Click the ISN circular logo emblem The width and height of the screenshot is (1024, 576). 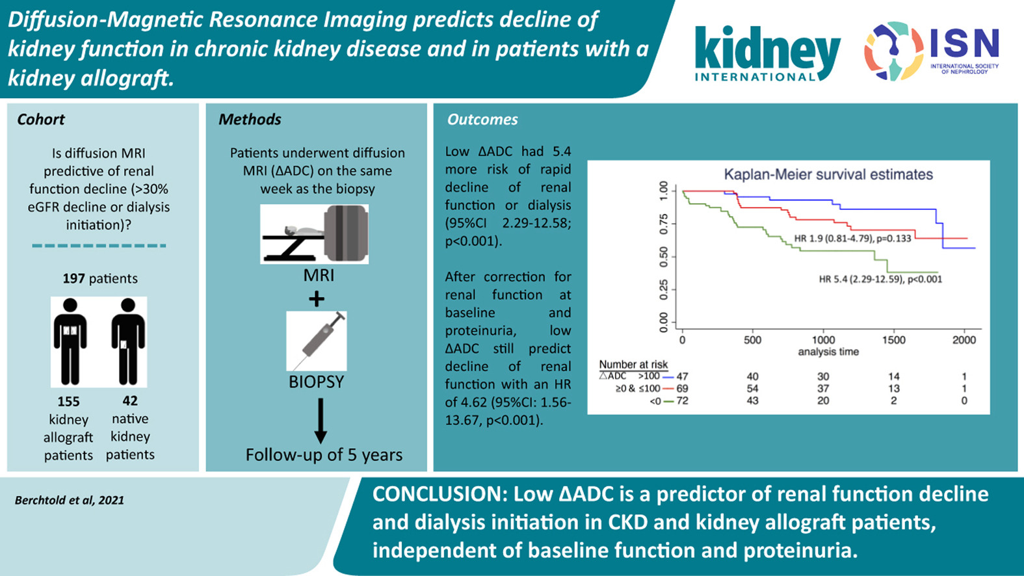click(893, 50)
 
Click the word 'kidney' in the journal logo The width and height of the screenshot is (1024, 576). click(767, 48)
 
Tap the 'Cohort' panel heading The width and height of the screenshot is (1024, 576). click(41, 120)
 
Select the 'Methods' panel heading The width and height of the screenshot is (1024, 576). click(250, 120)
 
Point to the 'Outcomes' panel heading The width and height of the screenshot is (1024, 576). click(482, 120)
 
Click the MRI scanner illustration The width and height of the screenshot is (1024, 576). click(315, 234)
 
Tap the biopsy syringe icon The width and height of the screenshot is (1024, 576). click(317, 341)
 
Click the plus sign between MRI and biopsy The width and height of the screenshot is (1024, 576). click(317, 299)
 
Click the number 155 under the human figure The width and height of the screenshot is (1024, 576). click(68, 401)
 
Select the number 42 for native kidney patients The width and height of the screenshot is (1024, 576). click(130, 400)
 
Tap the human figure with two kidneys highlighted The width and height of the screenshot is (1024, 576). click(70, 341)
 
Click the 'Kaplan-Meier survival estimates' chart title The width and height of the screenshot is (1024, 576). click(828, 174)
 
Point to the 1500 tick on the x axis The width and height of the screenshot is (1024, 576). click(894, 340)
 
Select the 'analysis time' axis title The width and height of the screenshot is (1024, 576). click(828, 352)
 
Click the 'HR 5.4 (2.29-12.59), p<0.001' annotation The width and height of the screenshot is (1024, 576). click(880, 280)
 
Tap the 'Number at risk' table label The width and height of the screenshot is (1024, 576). click(633, 365)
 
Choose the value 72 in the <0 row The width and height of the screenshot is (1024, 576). click(682, 401)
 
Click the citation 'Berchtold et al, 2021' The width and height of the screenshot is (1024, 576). click(70, 500)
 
